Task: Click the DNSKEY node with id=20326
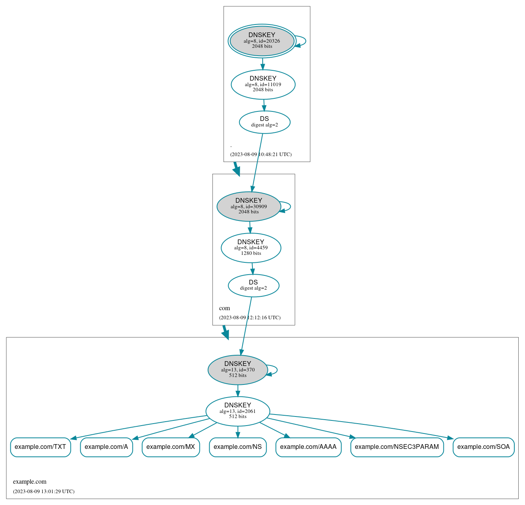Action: coord(262,41)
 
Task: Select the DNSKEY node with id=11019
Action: coord(263,84)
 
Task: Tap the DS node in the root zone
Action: coord(265,122)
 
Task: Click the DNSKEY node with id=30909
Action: coord(249,206)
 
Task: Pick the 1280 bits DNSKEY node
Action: coord(251,248)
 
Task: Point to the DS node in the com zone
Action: coord(254,286)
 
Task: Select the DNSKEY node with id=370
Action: coord(238,370)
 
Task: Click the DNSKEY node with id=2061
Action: coord(238,411)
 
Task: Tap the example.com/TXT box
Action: coord(40,447)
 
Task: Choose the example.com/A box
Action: coord(106,447)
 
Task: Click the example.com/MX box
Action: coord(171,447)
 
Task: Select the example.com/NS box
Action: coord(238,447)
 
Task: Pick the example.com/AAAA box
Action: coord(308,447)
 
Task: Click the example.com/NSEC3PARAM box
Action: coord(397,447)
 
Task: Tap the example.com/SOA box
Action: coord(483,447)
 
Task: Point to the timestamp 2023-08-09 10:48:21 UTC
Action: coord(261,155)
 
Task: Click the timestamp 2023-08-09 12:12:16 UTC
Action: coord(250,317)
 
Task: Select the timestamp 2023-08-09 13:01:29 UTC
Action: coord(44,491)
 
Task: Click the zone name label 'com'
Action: coord(224,308)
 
